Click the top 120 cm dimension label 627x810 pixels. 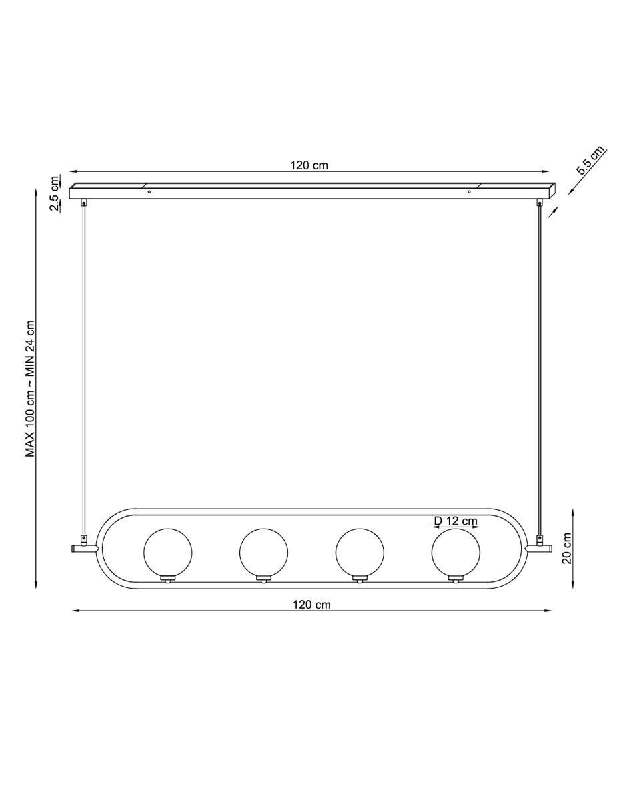[309, 165]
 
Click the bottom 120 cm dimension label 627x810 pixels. [311, 604]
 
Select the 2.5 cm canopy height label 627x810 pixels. [55, 193]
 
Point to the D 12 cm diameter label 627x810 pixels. [456, 521]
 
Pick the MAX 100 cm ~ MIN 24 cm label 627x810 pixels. [30, 389]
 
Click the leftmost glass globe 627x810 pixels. [167, 552]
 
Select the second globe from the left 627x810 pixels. [263, 552]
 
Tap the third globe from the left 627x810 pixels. [360, 552]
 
